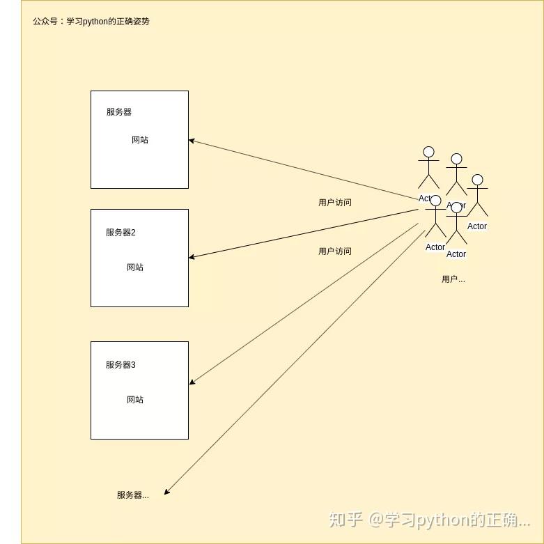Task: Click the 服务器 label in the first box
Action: (x=118, y=112)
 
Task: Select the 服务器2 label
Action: (x=121, y=233)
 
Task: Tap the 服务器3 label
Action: (x=121, y=365)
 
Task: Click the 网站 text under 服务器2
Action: (x=135, y=267)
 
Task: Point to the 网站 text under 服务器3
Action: (x=135, y=400)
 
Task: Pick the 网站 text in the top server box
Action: (x=140, y=140)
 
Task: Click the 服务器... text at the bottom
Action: (x=132, y=495)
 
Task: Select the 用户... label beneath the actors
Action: (x=453, y=279)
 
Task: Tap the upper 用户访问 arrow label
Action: (x=335, y=203)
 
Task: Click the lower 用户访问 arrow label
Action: (x=335, y=251)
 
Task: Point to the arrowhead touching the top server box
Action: (x=192, y=141)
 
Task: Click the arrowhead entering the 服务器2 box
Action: (x=192, y=257)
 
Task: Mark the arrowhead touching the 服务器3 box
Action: (x=192, y=382)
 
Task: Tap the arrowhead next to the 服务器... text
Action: (x=167, y=492)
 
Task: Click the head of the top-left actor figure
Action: (x=428, y=152)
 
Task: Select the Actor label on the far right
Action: (x=477, y=226)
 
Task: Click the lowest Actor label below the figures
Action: (x=456, y=254)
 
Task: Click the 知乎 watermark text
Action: (x=345, y=520)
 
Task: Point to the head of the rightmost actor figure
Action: (x=477, y=180)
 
